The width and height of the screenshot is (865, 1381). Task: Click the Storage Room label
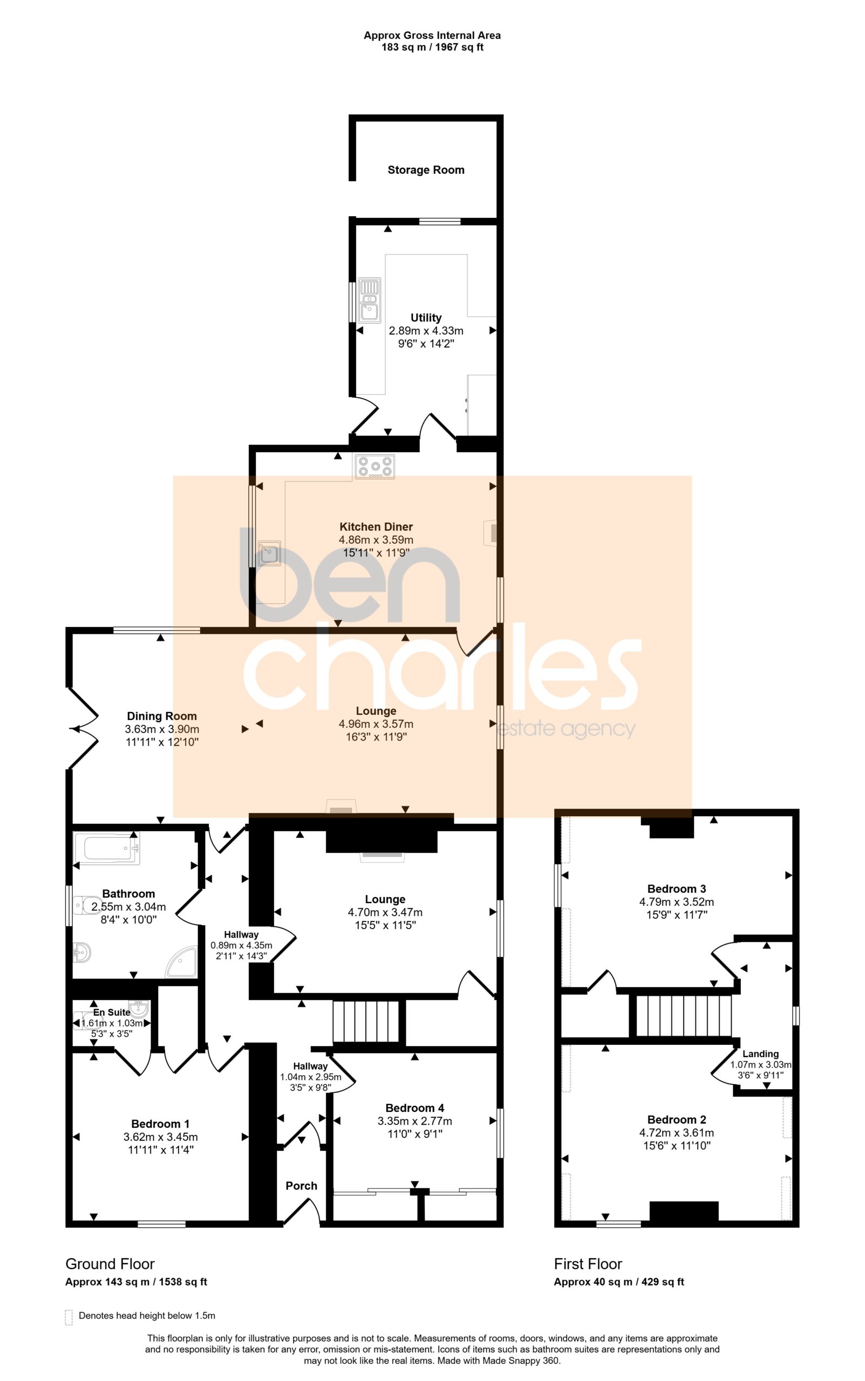click(426, 170)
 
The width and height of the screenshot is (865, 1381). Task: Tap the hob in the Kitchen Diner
click(374, 466)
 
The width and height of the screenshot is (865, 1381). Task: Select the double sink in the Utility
click(370, 300)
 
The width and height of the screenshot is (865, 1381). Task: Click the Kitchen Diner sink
click(269, 553)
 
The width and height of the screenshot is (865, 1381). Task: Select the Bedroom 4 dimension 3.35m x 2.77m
click(415, 1121)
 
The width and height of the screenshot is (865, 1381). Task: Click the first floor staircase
click(684, 1016)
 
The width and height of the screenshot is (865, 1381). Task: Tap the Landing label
click(760, 1054)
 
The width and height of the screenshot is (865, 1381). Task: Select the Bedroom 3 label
click(676, 888)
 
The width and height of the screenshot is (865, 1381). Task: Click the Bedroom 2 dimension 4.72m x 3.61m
click(676, 1132)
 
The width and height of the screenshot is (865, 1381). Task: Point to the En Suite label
click(112, 1011)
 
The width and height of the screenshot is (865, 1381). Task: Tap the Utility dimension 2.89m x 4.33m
click(426, 331)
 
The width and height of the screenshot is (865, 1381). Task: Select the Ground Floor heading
click(110, 1263)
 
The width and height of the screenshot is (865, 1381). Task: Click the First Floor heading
click(588, 1263)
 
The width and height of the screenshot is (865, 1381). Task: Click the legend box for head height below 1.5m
click(69, 1317)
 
